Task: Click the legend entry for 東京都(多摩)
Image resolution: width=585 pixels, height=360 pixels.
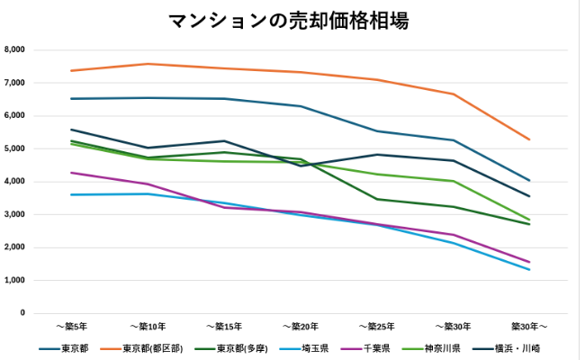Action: [x=239, y=348]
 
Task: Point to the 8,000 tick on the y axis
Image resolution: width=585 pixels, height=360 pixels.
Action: [x=16, y=49]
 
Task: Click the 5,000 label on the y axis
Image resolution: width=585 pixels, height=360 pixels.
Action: [x=16, y=148]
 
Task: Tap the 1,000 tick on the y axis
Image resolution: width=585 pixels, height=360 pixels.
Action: [x=16, y=281]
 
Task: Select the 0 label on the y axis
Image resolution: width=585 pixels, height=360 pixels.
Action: [x=23, y=313]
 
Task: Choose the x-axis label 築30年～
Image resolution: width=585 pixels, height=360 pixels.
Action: [x=529, y=326]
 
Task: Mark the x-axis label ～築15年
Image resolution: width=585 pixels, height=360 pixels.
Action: [x=223, y=326]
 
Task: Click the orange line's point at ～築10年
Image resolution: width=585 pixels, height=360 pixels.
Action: [x=147, y=64]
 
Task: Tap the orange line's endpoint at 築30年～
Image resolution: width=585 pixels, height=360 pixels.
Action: [x=529, y=139]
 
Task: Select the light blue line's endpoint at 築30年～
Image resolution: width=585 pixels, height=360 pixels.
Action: [x=529, y=270]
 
